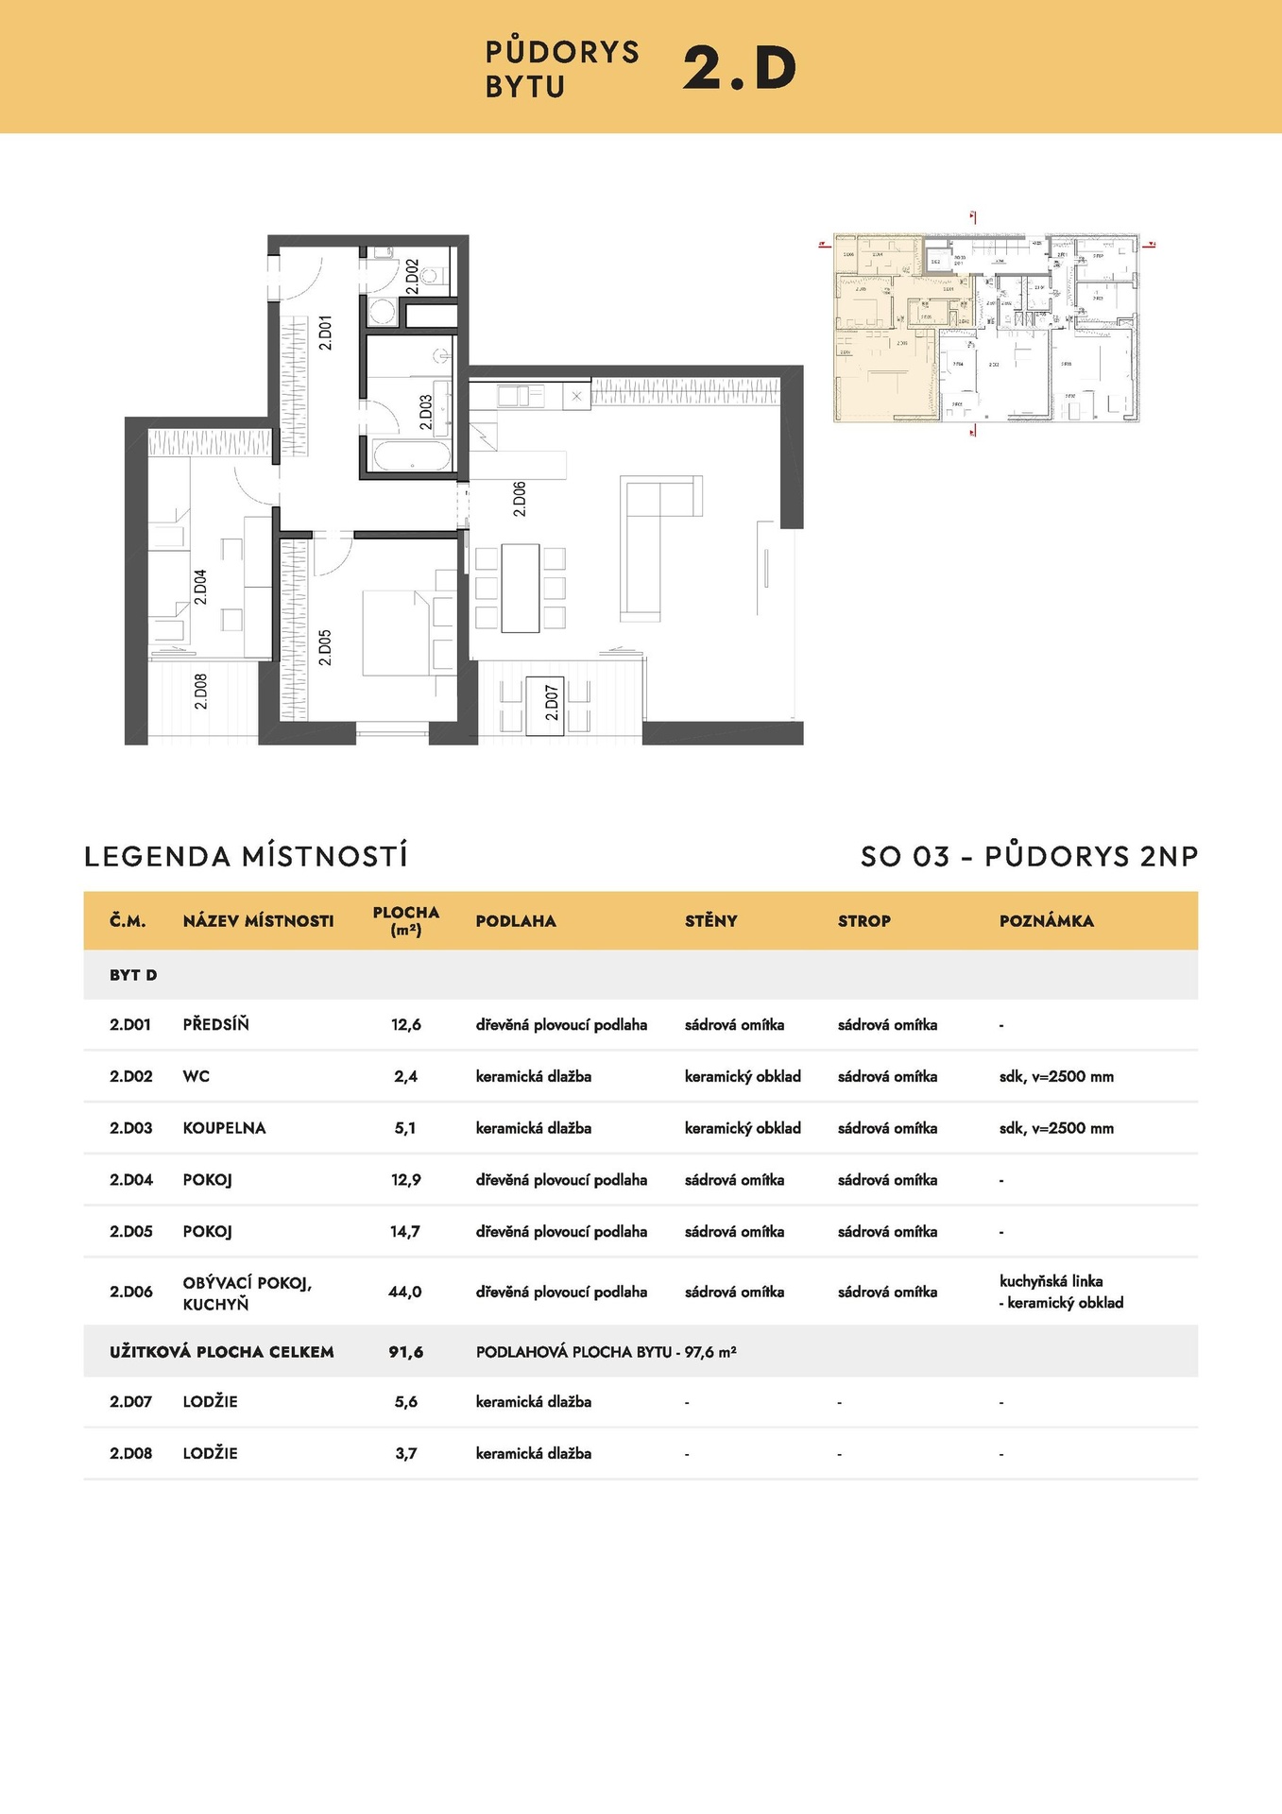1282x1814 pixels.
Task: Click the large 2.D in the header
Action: [739, 69]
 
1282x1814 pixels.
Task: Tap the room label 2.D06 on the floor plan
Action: [519, 499]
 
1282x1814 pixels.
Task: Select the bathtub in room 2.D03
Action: [413, 455]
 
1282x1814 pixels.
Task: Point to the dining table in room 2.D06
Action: [520, 588]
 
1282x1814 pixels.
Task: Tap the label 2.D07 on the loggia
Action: [552, 703]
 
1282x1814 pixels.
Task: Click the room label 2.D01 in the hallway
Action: [325, 334]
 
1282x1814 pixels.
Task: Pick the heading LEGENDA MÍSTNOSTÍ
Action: [246, 856]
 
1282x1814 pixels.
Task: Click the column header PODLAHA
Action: [516, 921]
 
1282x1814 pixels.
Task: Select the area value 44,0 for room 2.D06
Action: [405, 1292]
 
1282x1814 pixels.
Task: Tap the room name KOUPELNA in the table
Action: [224, 1128]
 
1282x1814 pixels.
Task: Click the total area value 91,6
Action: [405, 1352]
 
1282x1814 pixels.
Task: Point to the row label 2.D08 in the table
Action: [130, 1453]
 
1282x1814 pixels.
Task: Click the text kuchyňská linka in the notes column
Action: [1051, 1281]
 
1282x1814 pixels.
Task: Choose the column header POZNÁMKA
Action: [1046, 921]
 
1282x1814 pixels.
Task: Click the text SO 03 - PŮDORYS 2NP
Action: [1029, 856]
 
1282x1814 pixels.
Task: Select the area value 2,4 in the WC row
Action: [405, 1076]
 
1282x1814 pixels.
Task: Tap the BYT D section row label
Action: [133, 975]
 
